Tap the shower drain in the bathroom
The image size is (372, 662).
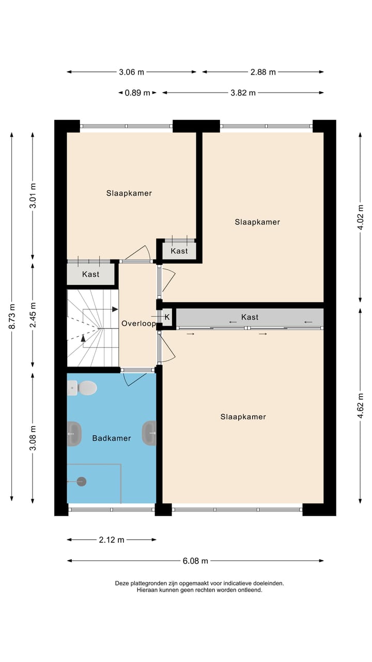click(81, 482)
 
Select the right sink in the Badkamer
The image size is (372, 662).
click(149, 433)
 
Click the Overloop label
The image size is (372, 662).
click(138, 324)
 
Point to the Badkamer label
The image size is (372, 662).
click(112, 439)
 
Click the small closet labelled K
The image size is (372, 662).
click(167, 317)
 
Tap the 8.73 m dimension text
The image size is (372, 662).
click(12, 316)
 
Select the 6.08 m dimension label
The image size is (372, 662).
click(195, 561)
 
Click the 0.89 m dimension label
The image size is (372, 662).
click(137, 93)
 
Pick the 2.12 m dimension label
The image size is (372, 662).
click(112, 540)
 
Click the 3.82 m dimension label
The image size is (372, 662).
click(243, 93)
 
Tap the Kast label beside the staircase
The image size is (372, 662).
click(91, 275)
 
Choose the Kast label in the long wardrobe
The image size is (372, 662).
click(250, 317)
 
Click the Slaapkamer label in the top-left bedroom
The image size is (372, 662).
click(129, 193)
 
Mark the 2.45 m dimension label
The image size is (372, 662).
click(33, 315)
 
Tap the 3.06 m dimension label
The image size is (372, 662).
click(132, 72)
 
